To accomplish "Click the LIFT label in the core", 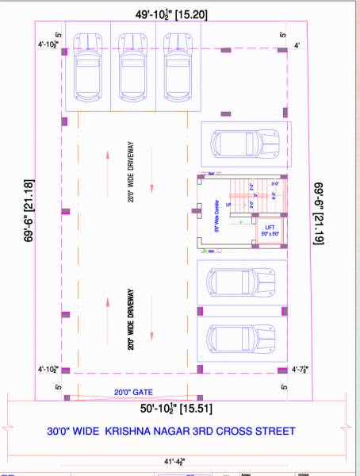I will point(269,227).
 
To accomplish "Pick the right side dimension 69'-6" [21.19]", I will point(318,225).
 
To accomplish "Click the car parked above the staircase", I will point(243,144).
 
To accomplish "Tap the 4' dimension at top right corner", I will point(297,45).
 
